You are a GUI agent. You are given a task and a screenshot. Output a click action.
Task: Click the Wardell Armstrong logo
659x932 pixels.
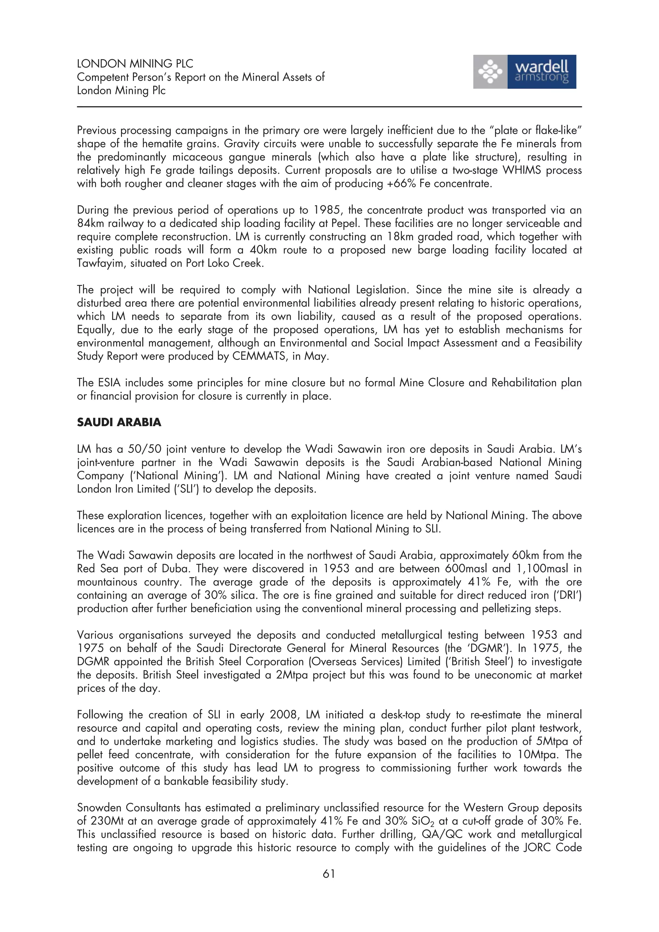524,72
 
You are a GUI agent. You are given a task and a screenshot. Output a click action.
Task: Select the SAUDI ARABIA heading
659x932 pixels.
119,422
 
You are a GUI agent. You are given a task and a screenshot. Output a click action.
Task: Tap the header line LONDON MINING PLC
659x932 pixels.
135,64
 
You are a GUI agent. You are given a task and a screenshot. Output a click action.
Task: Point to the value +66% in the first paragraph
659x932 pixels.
402,184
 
